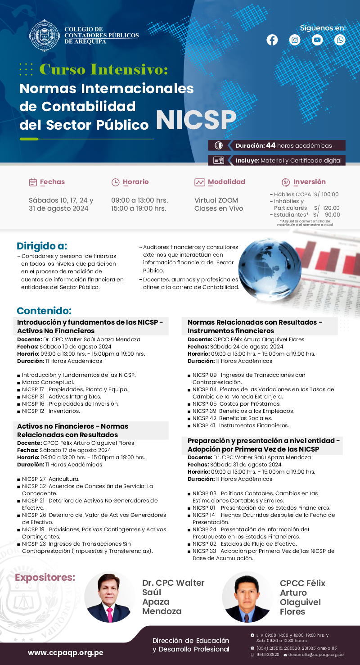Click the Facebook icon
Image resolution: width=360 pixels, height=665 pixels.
pos(272,40)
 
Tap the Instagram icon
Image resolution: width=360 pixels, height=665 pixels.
pos(295,40)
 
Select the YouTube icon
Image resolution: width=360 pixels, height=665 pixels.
pos(318,40)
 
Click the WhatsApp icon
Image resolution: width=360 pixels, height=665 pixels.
pos(340,40)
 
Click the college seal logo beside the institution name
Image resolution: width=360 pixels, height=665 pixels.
pos(44,36)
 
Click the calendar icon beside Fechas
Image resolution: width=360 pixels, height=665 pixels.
pos(33,182)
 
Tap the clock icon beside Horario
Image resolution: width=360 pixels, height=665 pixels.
pos(116,182)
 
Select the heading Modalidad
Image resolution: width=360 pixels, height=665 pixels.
pos(226,182)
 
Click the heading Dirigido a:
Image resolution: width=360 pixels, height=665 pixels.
pos(42,246)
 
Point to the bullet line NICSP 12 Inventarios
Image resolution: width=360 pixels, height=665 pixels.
pos(51,411)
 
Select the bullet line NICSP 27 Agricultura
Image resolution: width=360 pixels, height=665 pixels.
pos(50,479)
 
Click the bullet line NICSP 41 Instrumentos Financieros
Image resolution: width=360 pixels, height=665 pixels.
pos(240,425)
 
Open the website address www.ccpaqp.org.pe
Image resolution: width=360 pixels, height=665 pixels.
pos(66,652)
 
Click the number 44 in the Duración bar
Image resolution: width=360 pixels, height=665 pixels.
pos(270,145)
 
